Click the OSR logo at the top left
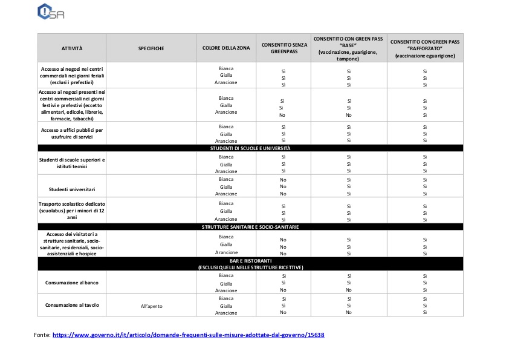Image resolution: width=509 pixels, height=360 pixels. point(51,11)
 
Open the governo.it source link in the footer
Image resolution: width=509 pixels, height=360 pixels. point(189,335)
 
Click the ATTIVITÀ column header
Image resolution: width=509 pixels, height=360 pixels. point(72,48)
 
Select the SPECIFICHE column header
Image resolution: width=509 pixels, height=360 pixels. point(151,48)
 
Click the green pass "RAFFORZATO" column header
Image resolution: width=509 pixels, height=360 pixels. point(425,48)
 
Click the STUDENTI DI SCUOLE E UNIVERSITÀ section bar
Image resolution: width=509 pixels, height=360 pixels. point(250,148)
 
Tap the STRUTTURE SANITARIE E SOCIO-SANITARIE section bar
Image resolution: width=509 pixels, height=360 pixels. point(250,227)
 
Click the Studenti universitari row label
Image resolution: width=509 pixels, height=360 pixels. point(72,187)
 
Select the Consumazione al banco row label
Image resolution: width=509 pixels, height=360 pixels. point(72,283)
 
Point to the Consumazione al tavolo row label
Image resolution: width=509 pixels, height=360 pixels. point(72,305)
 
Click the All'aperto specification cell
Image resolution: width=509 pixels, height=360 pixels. point(151,306)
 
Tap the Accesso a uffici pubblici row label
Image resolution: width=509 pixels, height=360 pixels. point(72,133)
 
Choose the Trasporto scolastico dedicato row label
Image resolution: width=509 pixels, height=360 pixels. point(72,211)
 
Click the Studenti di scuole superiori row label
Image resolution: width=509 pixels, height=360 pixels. point(72,163)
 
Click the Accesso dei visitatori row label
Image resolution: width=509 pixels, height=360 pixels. point(72,244)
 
